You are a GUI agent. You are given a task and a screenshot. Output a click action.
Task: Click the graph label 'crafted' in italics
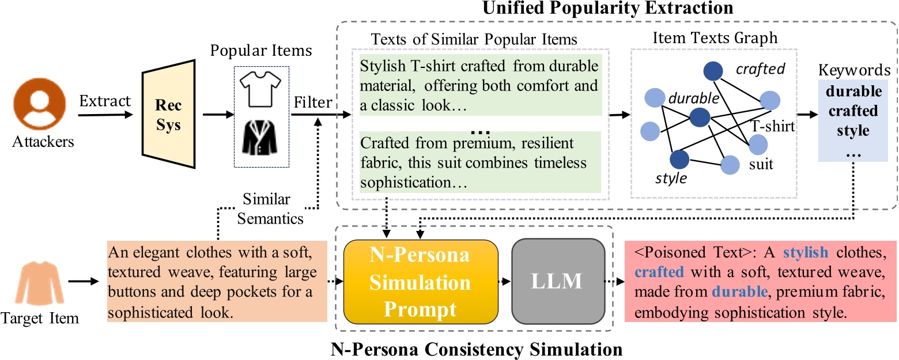[x=761, y=70]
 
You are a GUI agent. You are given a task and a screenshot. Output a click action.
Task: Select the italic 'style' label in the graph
[x=671, y=178]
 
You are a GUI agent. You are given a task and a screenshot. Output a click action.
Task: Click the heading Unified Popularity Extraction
[x=596, y=8]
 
